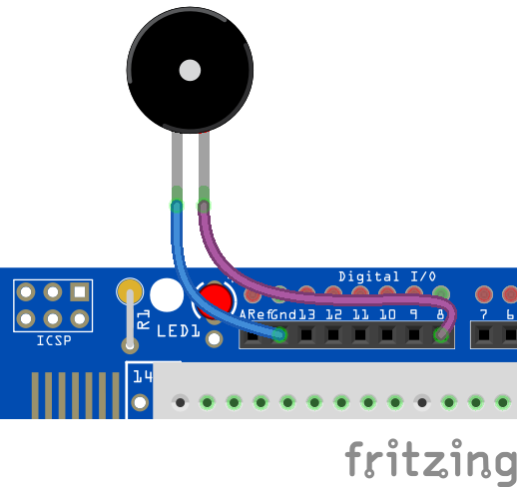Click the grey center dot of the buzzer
point(190,70)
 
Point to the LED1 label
point(179,331)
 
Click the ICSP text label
point(54,340)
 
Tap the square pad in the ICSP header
point(80,292)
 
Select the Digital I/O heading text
point(387,276)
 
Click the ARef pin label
point(255,314)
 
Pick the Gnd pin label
point(283,314)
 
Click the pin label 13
point(306,314)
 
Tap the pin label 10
point(387,314)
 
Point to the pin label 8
point(440,314)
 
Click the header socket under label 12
point(333,335)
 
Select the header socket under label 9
point(414,335)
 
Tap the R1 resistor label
point(144,319)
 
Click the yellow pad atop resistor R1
point(130,291)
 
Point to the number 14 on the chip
point(143,376)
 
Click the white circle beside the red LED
point(167,295)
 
